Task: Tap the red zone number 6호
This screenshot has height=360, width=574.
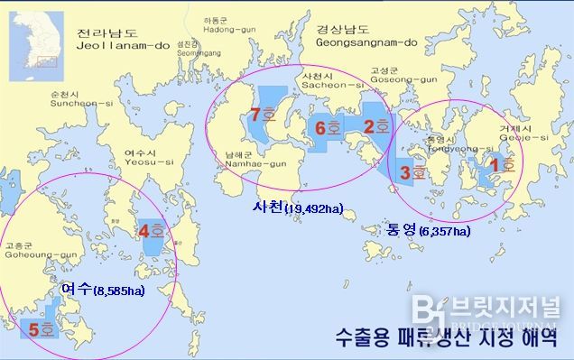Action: (326, 128)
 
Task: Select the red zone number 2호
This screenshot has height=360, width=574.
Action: (375, 126)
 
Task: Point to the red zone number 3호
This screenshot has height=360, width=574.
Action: (412, 170)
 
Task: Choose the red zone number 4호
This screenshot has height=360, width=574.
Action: (151, 231)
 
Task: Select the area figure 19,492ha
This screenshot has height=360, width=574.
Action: (312, 210)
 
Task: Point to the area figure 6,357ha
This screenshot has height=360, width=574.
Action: (443, 232)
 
